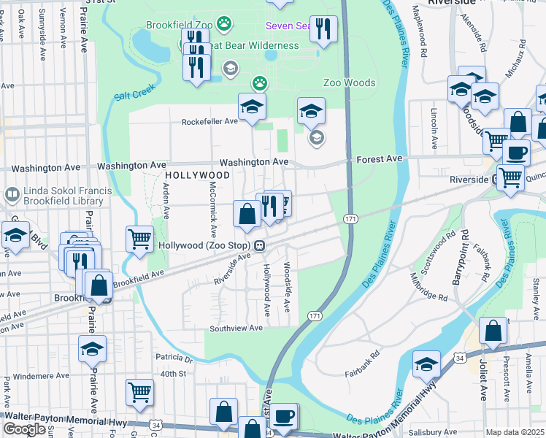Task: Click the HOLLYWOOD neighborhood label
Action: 197,176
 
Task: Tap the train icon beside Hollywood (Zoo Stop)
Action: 259,246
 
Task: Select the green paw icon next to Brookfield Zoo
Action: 224,23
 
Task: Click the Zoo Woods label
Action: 350,83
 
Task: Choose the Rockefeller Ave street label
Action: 210,121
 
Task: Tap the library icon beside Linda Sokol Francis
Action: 12,195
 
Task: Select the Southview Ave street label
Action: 236,328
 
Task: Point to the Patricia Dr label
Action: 173,358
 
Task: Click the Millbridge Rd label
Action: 428,288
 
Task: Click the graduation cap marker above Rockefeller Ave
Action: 253,107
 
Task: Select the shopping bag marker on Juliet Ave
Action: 493,331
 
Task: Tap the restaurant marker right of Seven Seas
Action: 324,29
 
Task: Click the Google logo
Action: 24,429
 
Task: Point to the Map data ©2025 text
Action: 515,432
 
